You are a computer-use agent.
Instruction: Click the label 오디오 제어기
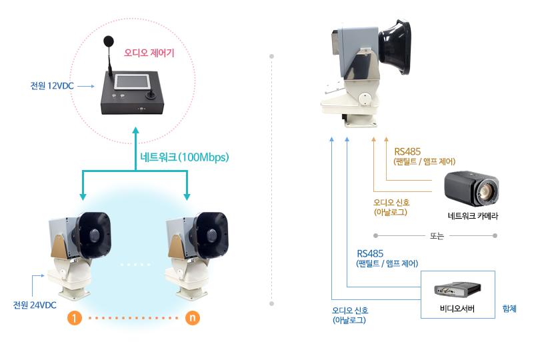pos(149,52)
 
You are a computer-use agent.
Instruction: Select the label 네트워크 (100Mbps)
pos(185,157)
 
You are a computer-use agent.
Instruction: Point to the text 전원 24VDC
pos(35,305)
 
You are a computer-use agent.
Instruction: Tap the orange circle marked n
pos(192,319)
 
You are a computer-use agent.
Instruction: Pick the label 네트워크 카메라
pos(473,216)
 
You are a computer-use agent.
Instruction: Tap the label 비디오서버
pos(457,309)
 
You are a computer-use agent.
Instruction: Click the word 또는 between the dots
pos(437,235)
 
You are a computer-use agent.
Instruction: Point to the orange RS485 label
pos(407,151)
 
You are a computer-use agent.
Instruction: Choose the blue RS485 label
pos(370,253)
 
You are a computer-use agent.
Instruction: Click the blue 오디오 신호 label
pos(350,311)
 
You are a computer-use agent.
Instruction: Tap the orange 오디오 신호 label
pos(391,203)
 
